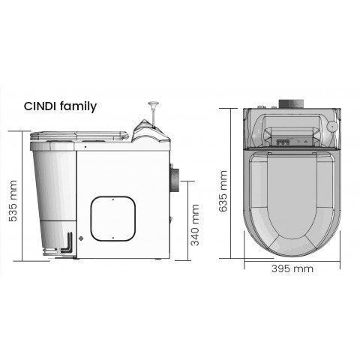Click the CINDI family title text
[x=60, y=106]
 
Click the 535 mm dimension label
[x=13, y=201]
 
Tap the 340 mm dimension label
[x=195, y=225]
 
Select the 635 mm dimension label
[x=223, y=191]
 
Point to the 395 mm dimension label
[x=292, y=268]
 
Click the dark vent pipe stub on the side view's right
[x=175, y=180]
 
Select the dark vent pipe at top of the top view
[x=291, y=103]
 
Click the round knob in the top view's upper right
[x=332, y=127]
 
